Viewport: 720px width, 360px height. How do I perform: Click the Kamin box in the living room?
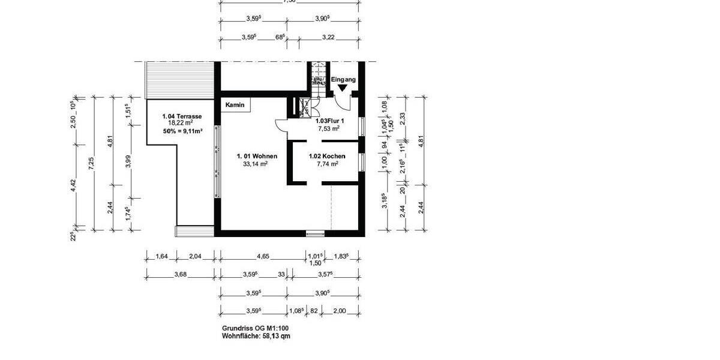[235, 105]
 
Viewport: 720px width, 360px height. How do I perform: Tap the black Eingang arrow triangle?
[342, 88]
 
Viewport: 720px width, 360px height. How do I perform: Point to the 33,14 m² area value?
[255, 163]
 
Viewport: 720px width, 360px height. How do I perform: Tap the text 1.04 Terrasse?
[182, 116]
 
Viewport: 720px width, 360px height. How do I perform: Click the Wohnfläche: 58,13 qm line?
[256, 337]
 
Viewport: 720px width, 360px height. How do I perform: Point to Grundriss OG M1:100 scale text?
[256, 329]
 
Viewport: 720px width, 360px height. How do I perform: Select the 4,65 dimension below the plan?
[263, 256]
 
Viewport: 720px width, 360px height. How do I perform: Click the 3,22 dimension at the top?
[328, 37]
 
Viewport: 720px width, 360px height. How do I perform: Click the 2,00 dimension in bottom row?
[340, 311]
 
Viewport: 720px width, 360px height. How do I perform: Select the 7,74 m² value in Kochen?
[328, 163]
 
